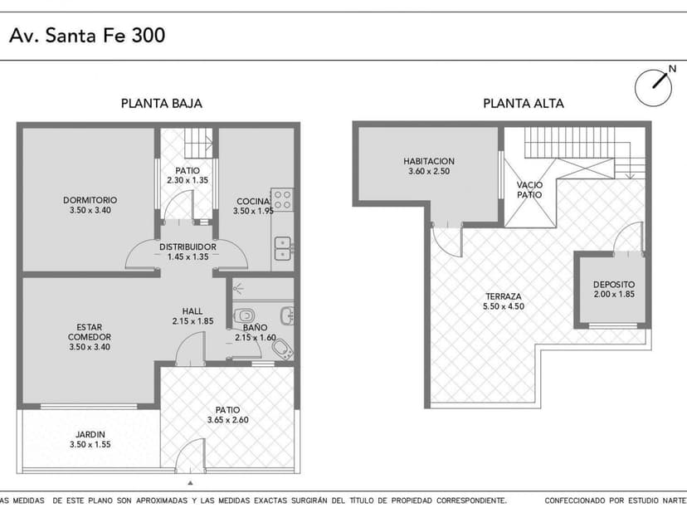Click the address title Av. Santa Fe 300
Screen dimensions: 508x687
(x=87, y=35)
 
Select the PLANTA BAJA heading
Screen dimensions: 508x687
(x=162, y=104)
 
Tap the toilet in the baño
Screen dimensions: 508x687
(x=246, y=315)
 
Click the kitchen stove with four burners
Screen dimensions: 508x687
(x=283, y=199)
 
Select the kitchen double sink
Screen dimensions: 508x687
(x=283, y=247)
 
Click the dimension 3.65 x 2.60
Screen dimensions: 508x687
(x=227, y=420)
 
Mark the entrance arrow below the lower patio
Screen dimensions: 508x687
(x=190, y=481)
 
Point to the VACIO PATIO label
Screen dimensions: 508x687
(x=529, y=190)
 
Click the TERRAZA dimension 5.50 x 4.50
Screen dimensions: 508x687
(x=504, y=306)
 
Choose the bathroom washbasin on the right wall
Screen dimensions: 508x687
(x=288, y=315)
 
